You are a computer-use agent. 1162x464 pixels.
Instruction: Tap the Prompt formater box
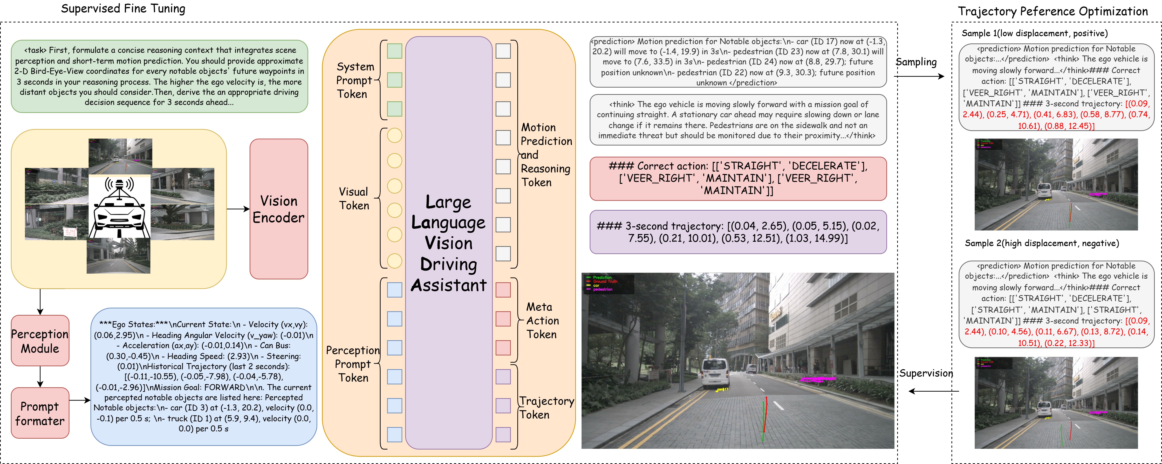(40, 413)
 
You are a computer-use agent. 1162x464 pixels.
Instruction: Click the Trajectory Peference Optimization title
(1053, 11)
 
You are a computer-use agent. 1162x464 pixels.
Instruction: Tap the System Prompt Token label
(355, 80)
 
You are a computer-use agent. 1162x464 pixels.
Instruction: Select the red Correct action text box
(738, 178)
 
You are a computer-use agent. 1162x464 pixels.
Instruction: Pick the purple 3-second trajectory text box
(738, 232)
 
